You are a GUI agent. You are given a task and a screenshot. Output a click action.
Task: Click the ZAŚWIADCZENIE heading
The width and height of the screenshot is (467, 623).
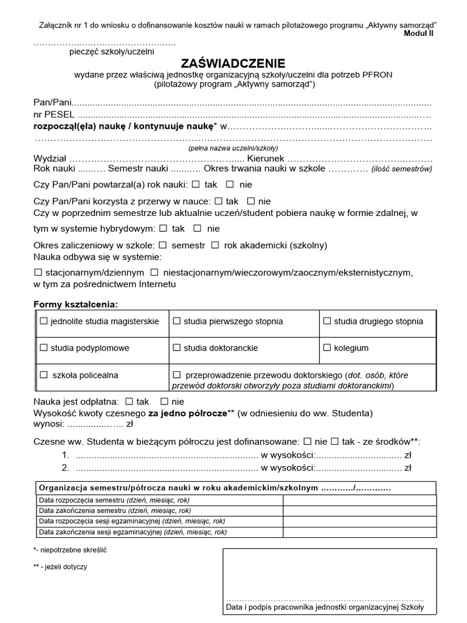pos(233,63)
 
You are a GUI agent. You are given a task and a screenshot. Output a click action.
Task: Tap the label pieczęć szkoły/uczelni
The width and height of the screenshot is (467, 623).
pos(111,52)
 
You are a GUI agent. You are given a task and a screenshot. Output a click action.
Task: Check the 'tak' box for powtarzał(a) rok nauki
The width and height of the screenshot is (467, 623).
pos(195,184)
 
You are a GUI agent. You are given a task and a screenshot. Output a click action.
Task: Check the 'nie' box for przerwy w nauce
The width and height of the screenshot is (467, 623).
pos(250,201)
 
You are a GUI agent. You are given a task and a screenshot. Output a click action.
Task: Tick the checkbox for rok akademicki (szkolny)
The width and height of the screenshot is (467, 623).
pos(215,245)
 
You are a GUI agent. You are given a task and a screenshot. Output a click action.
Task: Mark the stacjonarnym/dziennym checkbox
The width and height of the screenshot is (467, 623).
pos(38,273)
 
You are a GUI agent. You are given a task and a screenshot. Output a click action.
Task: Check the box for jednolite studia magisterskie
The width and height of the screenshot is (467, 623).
pos(43,321)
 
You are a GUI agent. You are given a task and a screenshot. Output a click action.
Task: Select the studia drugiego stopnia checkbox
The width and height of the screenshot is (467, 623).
pos(327,321)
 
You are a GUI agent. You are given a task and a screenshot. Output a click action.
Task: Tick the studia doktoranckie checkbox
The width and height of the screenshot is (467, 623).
pos(177,348)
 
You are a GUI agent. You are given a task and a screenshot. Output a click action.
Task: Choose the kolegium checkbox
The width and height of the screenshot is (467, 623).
pos(327,348)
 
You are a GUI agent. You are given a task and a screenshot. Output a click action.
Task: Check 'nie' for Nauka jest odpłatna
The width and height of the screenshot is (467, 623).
pos(164,402)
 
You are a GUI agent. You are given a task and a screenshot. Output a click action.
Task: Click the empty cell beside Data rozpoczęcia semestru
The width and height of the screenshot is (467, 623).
pos(359,500)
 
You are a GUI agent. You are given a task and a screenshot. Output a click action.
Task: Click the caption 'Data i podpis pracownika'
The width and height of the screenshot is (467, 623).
pos(325,607)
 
